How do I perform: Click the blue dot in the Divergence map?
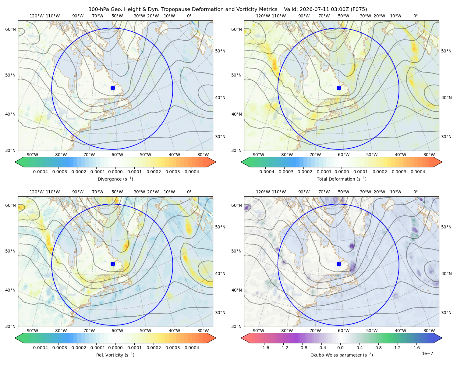click(113, 88)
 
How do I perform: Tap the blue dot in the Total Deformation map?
click(339, 88)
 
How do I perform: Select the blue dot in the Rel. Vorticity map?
click(113, 264)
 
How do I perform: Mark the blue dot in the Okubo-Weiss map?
click(339, 264)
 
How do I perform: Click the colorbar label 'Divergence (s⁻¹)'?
click(115, 179)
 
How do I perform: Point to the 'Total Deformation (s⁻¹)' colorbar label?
click(342, 179)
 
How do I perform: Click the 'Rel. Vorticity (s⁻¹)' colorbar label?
click(115, 355)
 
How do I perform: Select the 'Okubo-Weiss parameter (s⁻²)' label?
click(342, 355)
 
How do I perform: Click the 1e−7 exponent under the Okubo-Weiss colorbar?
click(427, 353)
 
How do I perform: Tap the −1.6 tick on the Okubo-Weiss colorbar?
click(264, 348)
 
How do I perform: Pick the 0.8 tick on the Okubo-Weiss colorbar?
click(378, 348)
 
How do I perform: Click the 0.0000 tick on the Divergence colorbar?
click(115, 172)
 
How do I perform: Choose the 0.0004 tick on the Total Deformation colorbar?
click(418, 172)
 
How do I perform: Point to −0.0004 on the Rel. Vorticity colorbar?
click(39, 348)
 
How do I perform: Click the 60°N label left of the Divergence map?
click(10, 29)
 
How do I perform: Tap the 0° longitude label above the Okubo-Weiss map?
click(415, 192)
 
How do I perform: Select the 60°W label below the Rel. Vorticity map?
click(117, 331)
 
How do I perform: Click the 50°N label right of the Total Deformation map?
click(446, 51)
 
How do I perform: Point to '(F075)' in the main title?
click(359, 9)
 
